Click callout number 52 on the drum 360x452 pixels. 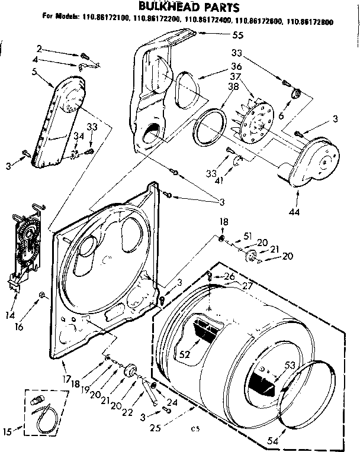pos(185,355)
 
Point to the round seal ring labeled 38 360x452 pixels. pos(207,127)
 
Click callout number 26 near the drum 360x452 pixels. pos(230,276)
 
